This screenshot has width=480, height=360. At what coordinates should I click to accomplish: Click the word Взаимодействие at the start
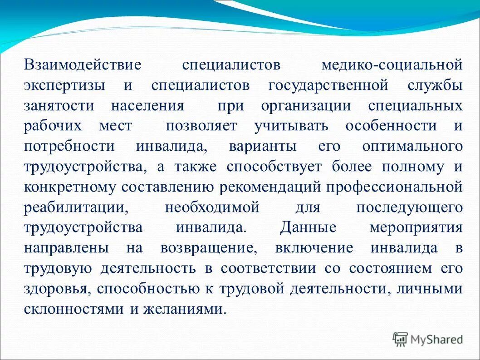click(x=83, y=64)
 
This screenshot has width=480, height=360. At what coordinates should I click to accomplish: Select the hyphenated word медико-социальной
click(x=392, y=64)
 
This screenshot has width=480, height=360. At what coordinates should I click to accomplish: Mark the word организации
click(x=306, y=106)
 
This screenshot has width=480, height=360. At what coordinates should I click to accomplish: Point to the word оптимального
click(x=412, y=146)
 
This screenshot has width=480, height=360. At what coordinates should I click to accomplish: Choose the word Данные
click(x=308, y=227)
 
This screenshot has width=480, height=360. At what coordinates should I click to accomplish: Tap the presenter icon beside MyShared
click(x=401, y=338)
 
